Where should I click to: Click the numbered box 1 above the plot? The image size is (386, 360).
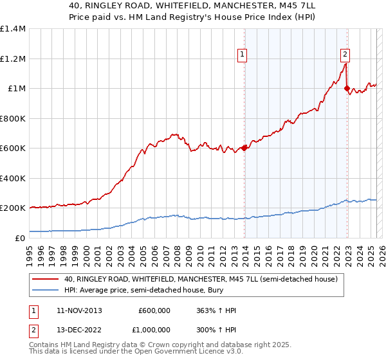(x=243, y=55)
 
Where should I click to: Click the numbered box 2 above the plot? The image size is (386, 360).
(x=345, y=55)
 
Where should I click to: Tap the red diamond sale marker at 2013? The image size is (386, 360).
(x=244, y=148)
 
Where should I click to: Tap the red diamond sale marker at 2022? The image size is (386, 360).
(x=347, y=89)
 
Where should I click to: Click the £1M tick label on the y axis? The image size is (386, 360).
(x=17, y=89)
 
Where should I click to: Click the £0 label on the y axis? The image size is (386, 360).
(x=20, y=238)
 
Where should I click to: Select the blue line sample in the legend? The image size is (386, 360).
(x=46, y=290)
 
